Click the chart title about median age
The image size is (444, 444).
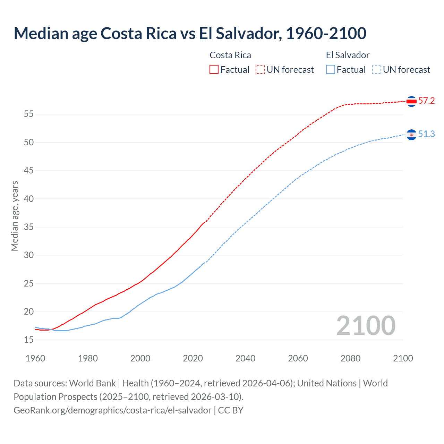(190, 33)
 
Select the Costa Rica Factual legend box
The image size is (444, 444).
(214, 69)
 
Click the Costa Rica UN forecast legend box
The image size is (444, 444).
(260, 69)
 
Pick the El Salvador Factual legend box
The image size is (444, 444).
(331, 69)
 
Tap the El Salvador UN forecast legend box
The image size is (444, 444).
(376, 69)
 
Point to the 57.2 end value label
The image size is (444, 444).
(426, 101)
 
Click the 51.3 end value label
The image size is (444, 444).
(426, 134)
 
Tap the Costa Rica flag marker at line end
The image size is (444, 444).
(411, 101)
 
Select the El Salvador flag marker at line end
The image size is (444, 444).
(411, 135)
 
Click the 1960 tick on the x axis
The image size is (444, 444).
(35, 358)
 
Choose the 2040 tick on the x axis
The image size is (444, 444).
(245, 358)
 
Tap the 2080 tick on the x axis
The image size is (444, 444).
(350, 358)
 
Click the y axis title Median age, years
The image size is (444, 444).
(15, 216)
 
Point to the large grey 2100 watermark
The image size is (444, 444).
(366, 326)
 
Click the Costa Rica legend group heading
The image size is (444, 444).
(230, 55)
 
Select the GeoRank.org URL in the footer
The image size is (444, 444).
(112, 410)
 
